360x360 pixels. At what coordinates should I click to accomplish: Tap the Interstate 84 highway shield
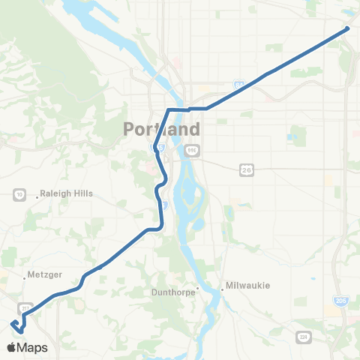(x=238, y=86)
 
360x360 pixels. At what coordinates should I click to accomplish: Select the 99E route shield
(x=192, y=151)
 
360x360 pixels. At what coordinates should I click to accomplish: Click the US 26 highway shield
(x=246, y=170)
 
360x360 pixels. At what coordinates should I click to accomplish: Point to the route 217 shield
(x=25, y=307)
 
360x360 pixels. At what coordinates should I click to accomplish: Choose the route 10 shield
(x=19, y=194)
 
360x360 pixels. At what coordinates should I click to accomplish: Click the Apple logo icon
(x=13, y=348)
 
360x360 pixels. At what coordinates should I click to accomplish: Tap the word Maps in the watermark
(x=34, y=348)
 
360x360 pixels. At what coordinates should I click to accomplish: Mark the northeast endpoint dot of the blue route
(x=347, y=29)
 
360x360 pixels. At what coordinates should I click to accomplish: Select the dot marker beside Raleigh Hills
(x=34, y=193)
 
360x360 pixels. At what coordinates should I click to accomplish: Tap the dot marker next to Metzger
(x=24, y=275)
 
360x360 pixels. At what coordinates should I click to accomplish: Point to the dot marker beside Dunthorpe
(x=198, y=287)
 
